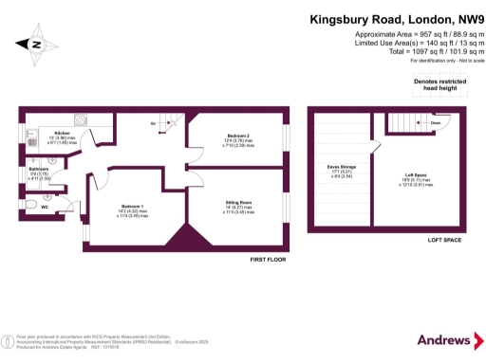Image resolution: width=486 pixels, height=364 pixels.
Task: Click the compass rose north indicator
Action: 35,43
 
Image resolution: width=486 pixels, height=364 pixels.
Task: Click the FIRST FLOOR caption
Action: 269,260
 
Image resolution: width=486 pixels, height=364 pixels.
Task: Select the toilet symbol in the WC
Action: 28,206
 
